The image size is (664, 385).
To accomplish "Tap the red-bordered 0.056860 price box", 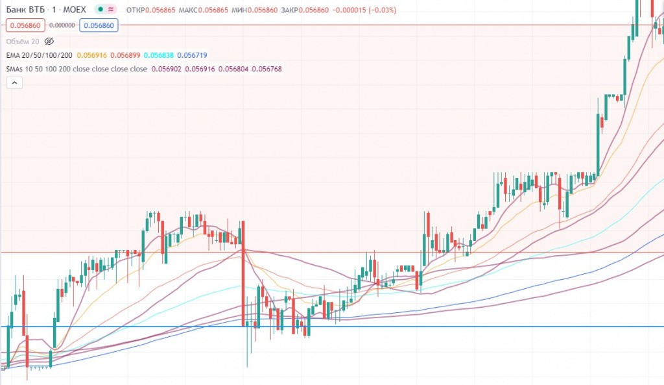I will [x=25, y=25].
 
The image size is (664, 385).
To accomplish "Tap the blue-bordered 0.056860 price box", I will [x=98, y=25].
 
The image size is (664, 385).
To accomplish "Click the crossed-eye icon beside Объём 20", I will [x=49, y=41].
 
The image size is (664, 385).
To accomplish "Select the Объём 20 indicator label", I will [x=21, y=41].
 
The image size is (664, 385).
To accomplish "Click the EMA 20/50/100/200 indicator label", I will [x=39, y=56].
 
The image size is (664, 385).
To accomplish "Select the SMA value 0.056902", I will [x=167, y=69].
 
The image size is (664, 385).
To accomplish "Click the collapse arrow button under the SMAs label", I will [x=14, y=82].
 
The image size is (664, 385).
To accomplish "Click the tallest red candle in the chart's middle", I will [x=243, y=273].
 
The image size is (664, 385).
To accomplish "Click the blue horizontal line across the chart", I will [x=454, y=327].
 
